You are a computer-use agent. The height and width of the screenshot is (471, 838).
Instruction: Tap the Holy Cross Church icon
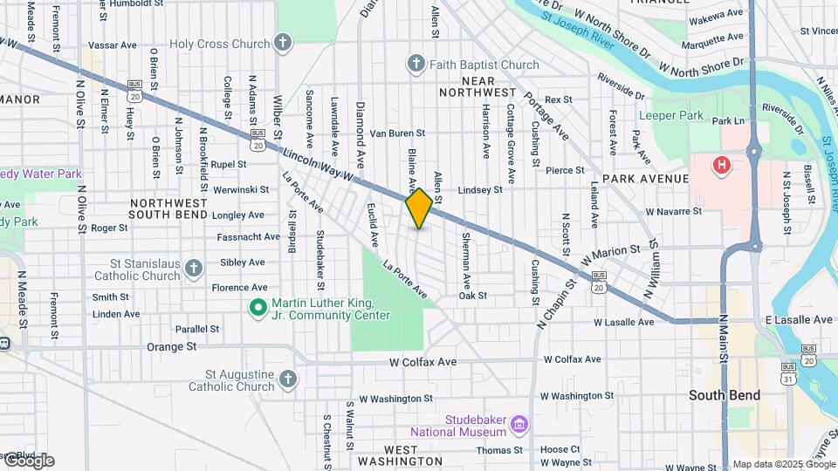(x=282, y=42)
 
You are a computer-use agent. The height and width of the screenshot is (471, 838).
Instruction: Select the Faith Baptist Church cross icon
(x=416, y=64)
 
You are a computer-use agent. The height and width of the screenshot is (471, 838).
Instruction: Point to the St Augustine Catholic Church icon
(x=288, y=379)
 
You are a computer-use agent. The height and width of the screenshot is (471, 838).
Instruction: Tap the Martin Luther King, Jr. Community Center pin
(x=258, y=307)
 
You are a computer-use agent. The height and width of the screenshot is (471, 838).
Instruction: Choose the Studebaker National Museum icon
(x=520, y=425)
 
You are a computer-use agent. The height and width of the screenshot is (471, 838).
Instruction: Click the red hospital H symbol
(x=721, y=165)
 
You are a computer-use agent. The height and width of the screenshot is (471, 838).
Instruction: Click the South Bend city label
(x=724, y=395)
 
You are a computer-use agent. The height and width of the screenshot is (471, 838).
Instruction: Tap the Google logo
(x=28, y=461)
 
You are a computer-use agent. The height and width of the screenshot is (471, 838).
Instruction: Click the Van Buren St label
(x=396, y=133)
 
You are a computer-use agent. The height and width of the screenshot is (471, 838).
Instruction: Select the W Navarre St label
(x=673, y=211)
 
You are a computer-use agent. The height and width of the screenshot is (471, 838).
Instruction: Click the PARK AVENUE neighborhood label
(x=645, y=179)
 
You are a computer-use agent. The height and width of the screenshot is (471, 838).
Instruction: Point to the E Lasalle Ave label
(x=800, y=320)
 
